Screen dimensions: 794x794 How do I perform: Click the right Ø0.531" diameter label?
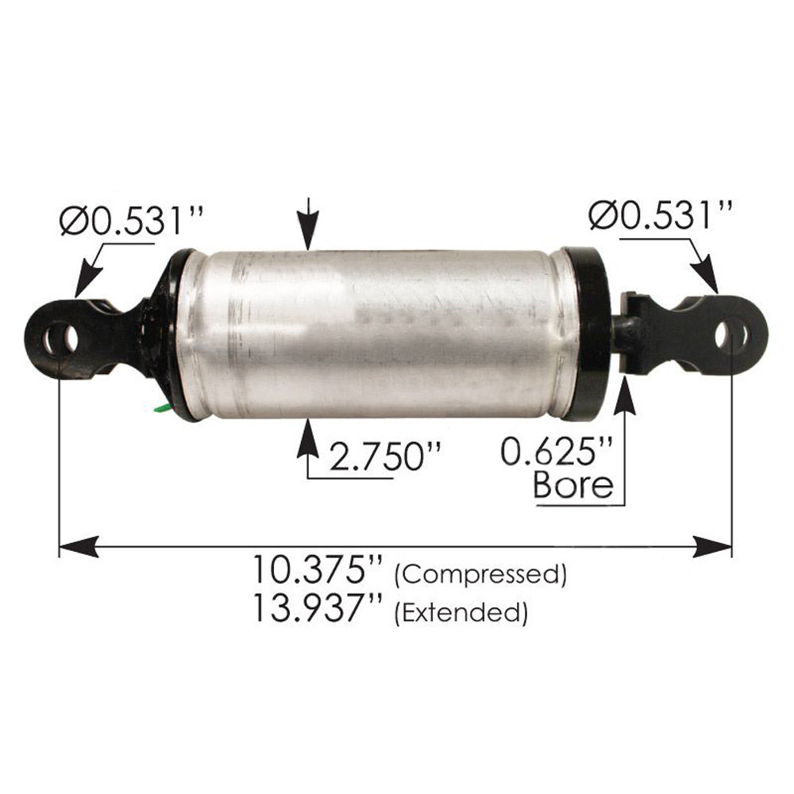click(x=660, y=214)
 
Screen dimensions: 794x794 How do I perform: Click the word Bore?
click(x=573, y=484)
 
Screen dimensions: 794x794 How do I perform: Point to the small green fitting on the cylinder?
click(x=162, y=408)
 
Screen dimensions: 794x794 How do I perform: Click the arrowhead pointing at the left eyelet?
click(x=86, y=283)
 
